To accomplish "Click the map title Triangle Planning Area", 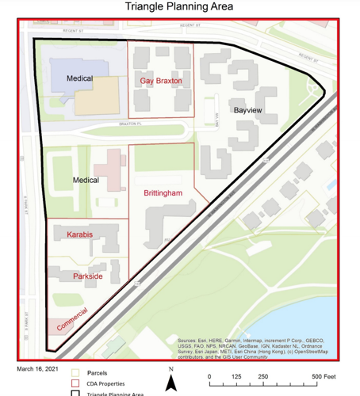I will pos(180,7).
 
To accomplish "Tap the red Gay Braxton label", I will pos(161,81).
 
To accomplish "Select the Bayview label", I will pos(247,112).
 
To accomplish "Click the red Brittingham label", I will pos(163,192).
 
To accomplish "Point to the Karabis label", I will pos(79,234).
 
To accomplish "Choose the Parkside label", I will pos(87,276).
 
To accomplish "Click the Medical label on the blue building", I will pos(79,78).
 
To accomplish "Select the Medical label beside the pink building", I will pos(86,180).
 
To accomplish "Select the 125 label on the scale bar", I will pos(236,376).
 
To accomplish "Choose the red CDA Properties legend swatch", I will pos(76,383).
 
